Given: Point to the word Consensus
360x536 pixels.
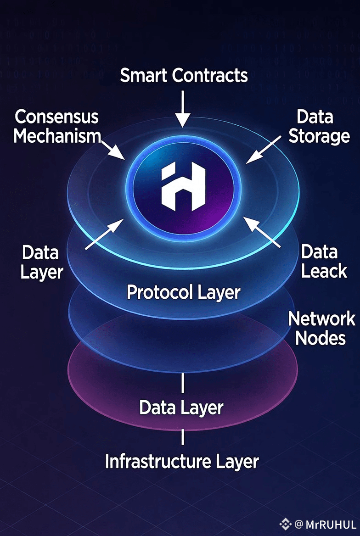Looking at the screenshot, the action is click(x=56, y=117).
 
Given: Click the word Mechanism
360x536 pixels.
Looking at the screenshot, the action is click(x=57, y=136).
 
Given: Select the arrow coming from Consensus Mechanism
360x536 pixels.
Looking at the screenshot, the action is click(x=113, y=149).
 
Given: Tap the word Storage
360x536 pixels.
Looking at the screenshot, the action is click(x=319, y=136).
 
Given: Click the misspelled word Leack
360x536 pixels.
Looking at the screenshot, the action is click(x=324, y=271).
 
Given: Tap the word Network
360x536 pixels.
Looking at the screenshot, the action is click(x=321, y=318).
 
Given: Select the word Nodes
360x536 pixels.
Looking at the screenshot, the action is click(x=320, y=338).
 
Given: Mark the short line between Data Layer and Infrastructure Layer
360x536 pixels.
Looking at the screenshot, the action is click(x=183, y=436).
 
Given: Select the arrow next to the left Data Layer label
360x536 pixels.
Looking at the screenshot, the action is click(x=104, y=234).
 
